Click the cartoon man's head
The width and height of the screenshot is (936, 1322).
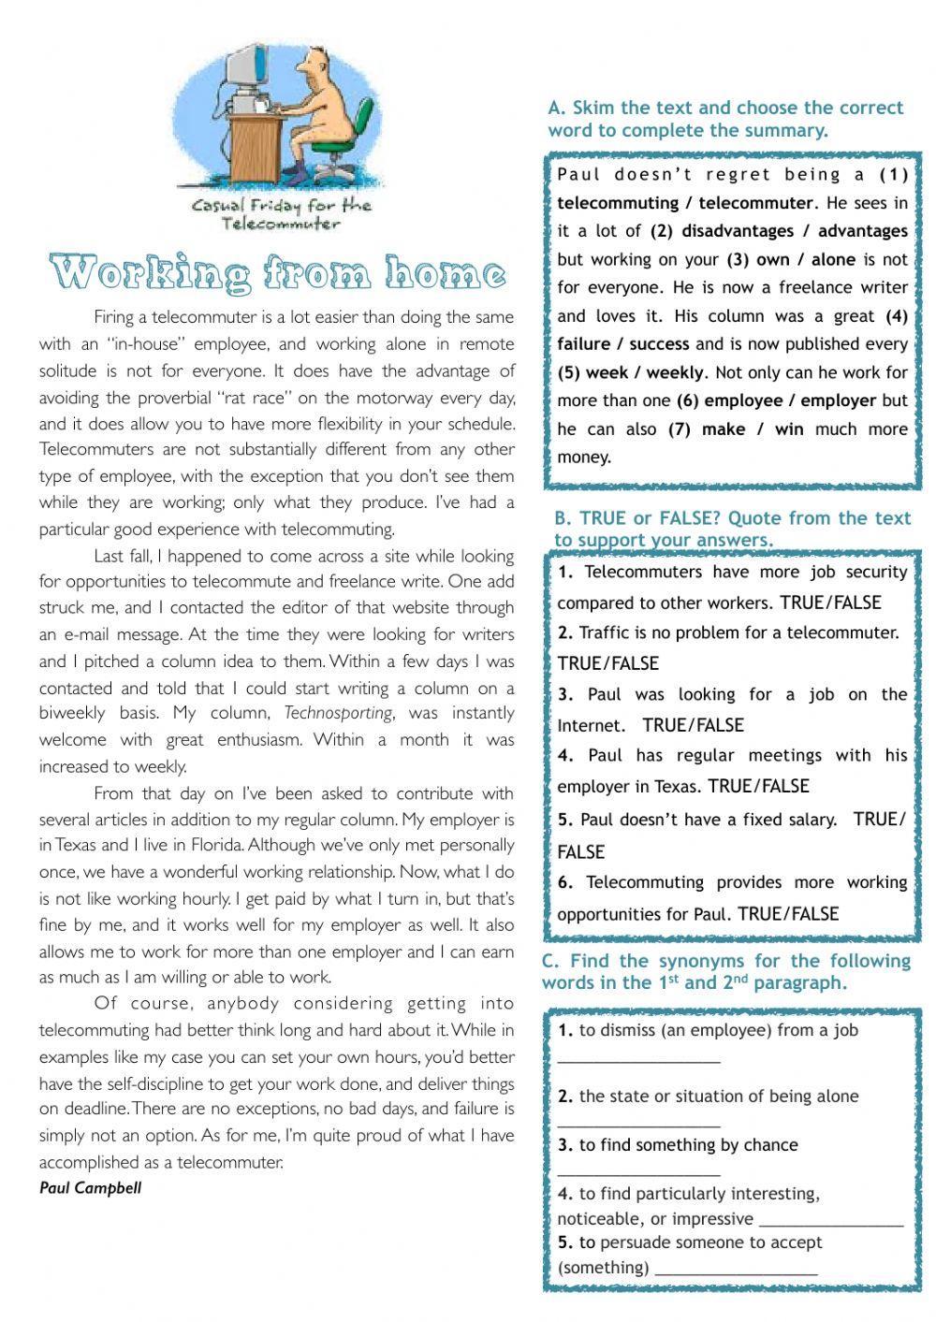(306, 65)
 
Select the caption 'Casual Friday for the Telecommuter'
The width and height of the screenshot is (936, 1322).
(281, 214)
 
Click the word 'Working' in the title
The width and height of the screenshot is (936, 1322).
(151, 273)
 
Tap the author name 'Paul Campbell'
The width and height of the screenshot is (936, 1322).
(90, 1188)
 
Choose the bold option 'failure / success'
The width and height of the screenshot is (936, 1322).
(622, 344)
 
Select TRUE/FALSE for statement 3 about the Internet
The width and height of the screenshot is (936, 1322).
(694, 725)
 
